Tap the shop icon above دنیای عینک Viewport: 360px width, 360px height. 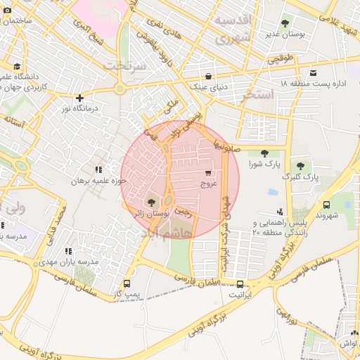(x=208, y=77)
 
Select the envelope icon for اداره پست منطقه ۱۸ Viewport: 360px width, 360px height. (x=313, y=73)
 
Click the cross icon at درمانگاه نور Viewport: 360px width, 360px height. (x=81, y=98)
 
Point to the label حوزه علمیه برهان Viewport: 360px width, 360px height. (x=98, y=181)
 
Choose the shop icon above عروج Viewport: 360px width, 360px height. (x=208, y=172)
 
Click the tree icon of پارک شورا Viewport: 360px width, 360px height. (x=264, y=153)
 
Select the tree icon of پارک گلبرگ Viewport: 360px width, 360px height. (x=300, y=166)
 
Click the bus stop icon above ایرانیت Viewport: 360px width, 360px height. (x=241, y=285)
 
